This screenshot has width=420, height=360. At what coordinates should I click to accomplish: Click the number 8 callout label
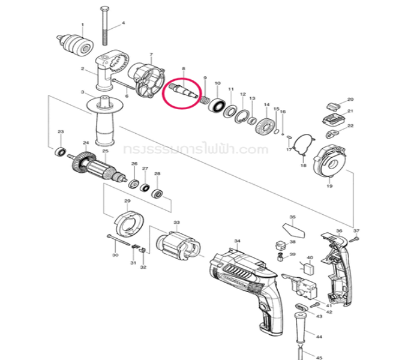(184, 71)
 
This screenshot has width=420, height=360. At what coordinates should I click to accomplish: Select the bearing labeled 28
(158, 193)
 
